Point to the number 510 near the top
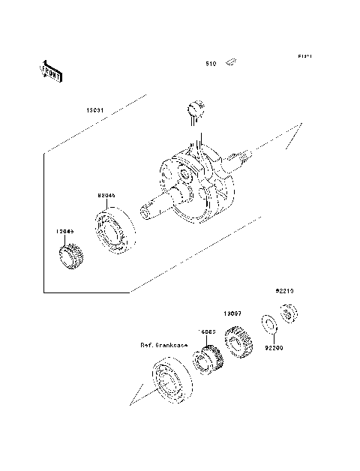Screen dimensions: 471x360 211,64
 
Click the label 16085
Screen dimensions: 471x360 207,331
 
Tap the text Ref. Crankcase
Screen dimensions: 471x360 163,345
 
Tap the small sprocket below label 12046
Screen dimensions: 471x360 72,259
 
